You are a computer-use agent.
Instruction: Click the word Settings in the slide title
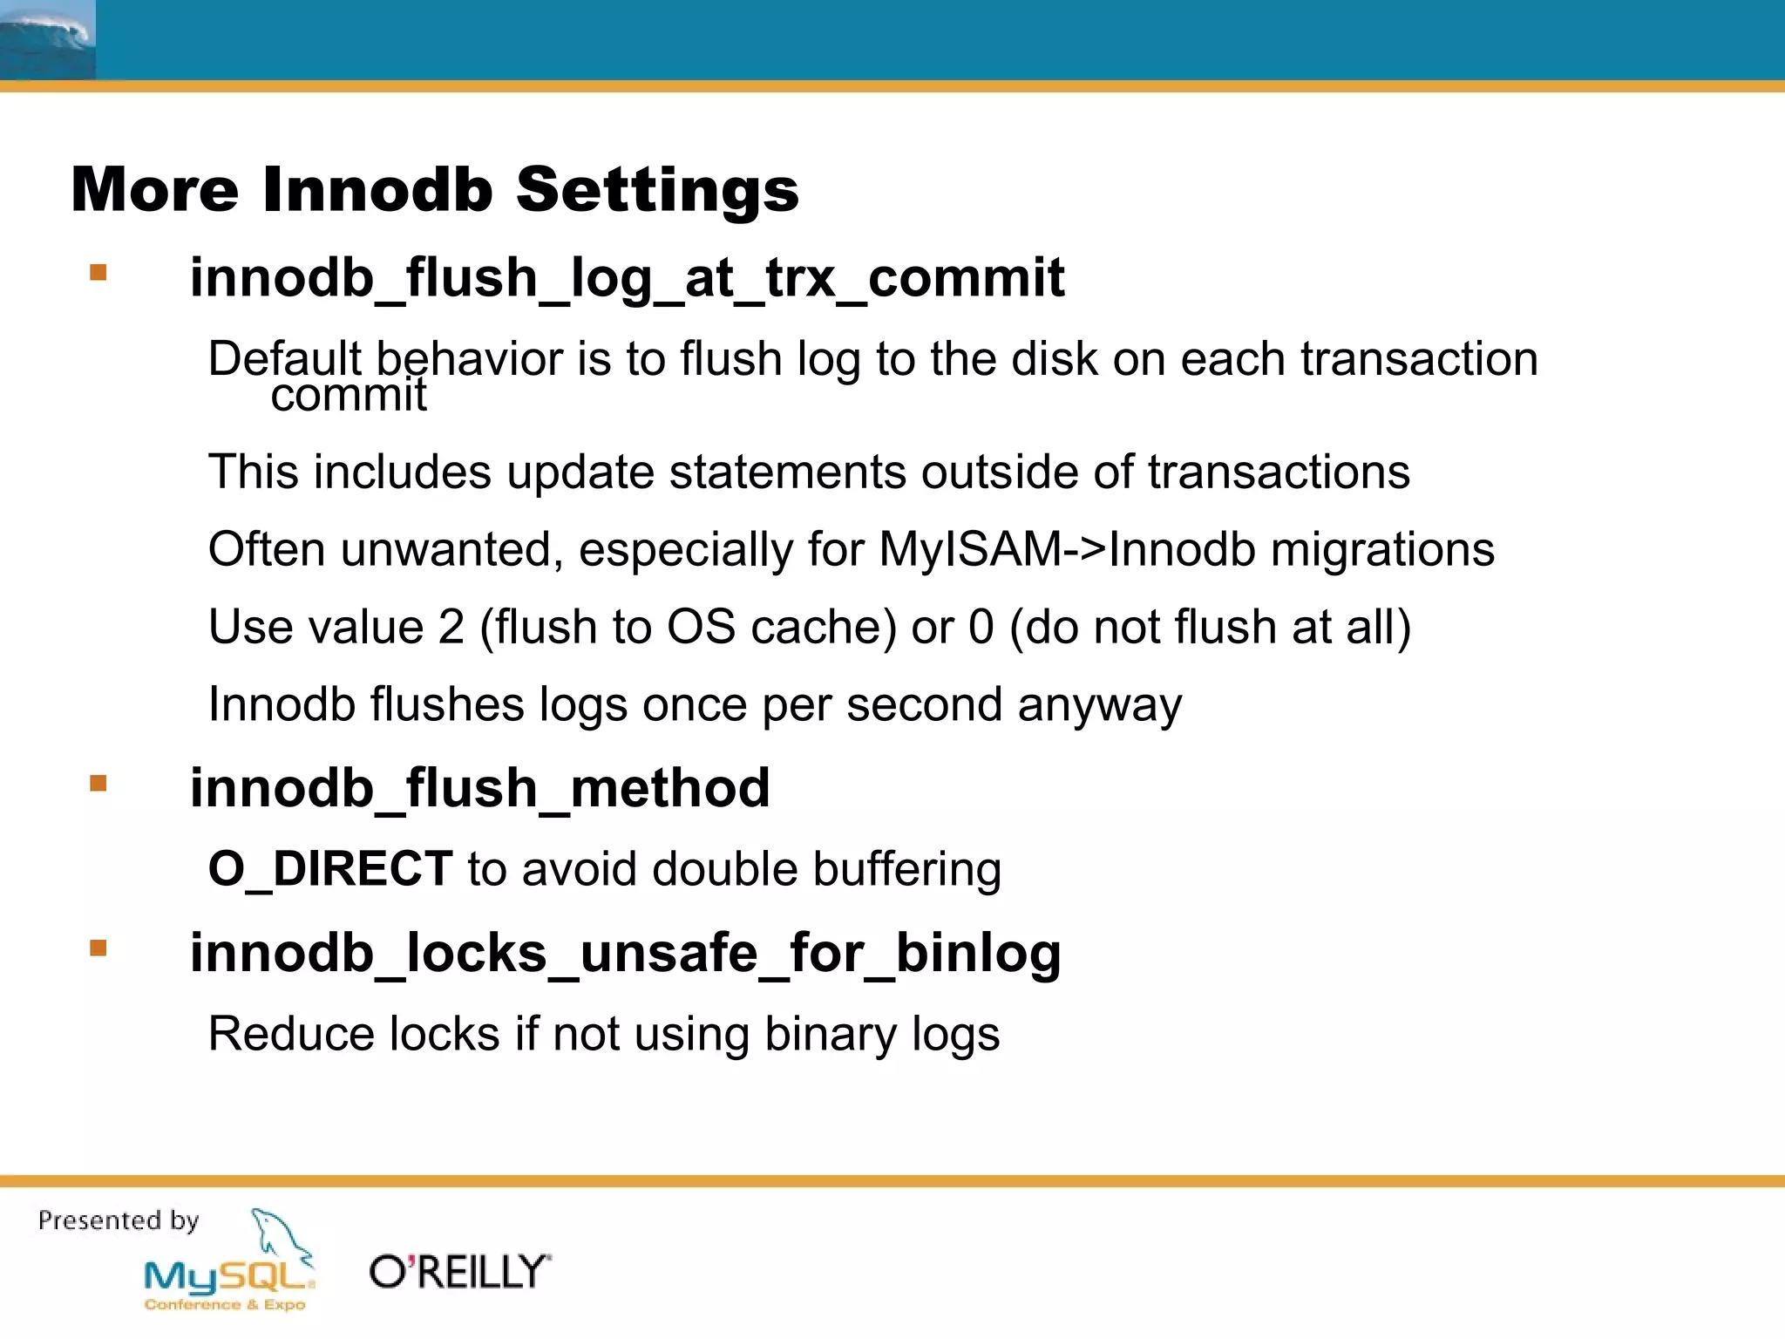(x=657, y=190)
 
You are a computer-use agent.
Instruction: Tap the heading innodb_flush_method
(x=479, y=788)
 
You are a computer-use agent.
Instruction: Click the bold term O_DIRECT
(x=330, y=869)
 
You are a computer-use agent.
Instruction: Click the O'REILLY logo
(x=459, y=1272)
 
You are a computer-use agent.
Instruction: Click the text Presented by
(x=119, y=1220)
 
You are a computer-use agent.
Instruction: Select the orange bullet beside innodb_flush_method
(x=98, y=783)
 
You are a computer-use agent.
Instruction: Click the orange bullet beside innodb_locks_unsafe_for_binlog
(x=98, y=948)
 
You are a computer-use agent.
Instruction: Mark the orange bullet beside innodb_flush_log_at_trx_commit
(x=98, y=273)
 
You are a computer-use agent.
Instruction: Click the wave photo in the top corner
(x=47, y=39)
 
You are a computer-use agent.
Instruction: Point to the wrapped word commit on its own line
(x=348, y=396)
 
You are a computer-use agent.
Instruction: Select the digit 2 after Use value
(x=451, y=628)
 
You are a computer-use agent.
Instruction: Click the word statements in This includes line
(x=787, y=472)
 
